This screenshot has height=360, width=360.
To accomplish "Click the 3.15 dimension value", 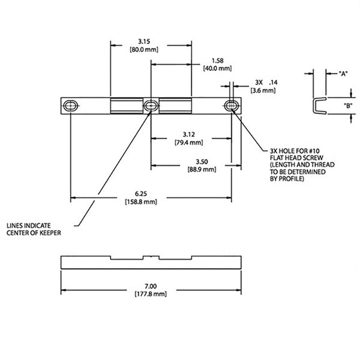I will pyautogui.click(x=143, y=41).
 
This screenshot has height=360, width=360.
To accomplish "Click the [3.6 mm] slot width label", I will pyautogui.click(x=262, y=91).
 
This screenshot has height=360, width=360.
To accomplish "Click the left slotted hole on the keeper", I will pyautogui.click(x=70, y=106).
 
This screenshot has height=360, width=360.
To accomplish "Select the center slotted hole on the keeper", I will pyautogui.click(x=150, y=106).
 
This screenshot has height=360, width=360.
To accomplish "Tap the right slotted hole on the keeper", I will pyautogui.click(x=232, y=106).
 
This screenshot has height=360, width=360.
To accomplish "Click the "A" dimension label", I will pyautogui.click(x=343, y=74).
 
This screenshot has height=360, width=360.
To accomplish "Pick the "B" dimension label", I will pyautogui.click(x=347, y=106).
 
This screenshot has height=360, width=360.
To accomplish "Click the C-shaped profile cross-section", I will pyautogui.click(x=319, y=106).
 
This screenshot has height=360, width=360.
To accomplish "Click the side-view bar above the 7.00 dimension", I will pyautogui.click(x=151, y=262).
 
